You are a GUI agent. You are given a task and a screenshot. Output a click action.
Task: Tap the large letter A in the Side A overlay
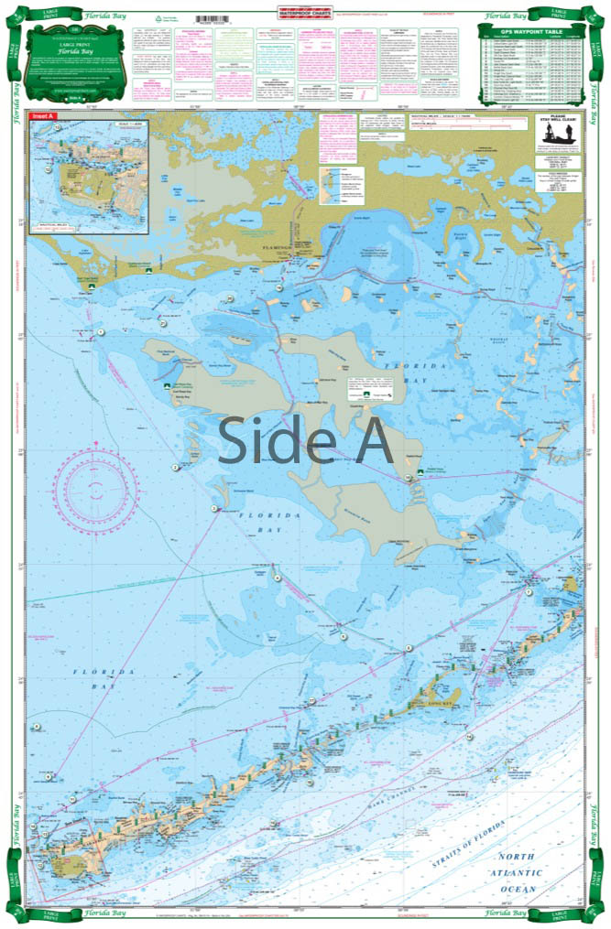(369, 440)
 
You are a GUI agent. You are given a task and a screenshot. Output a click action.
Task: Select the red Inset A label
(43, 117)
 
